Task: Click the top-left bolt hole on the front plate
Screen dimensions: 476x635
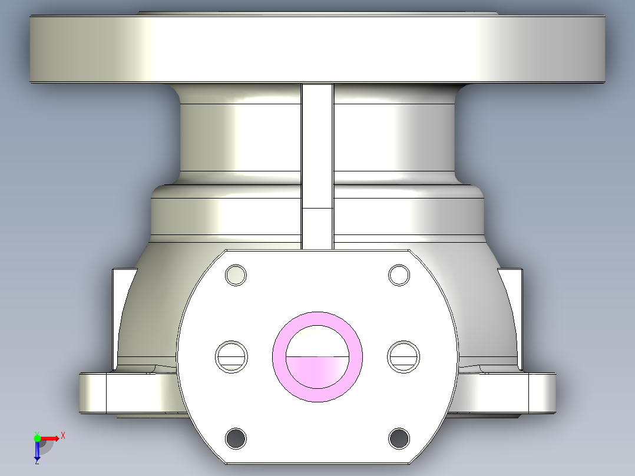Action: coord(236,275)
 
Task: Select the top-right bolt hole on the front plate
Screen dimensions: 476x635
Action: coord(399,275)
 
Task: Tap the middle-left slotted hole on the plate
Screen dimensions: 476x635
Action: coord(230,356)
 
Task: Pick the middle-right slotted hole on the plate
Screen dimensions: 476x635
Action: coord(404,356)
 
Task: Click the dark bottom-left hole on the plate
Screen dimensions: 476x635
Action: coord(236,438)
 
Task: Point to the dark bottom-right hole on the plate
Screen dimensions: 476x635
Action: coord(399,438)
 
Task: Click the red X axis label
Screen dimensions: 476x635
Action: coord(62,435)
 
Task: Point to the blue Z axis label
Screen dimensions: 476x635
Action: coord(37,461)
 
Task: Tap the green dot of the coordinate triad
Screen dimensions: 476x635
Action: coord(37,438)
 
